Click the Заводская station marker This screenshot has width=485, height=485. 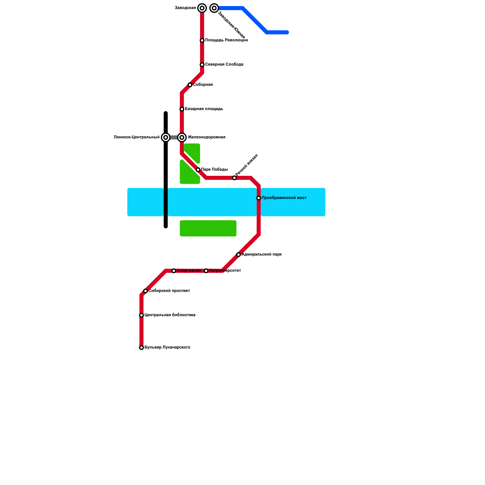(x=202, y=8)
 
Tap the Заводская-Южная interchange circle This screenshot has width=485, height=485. (x=214, y=8)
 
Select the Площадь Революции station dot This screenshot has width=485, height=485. (x=202, y=41)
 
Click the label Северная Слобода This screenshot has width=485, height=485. (x=224, y=65)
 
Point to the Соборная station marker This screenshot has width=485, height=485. (x=190, y=85)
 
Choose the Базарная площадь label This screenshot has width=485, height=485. (x=204, y=109)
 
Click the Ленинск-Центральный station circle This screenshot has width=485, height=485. (x=166, y=138)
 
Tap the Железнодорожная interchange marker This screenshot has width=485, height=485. (x=182, y=138)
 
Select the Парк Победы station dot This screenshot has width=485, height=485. (x=198, y=170)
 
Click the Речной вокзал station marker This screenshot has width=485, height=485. (x=234, y=178)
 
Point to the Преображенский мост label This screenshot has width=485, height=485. (x=284, y=198)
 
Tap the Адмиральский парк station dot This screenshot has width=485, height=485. (x=239, y=255)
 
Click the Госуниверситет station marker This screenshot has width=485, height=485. (x=206, y=271)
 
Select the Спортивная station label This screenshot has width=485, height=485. (x=189, y=271)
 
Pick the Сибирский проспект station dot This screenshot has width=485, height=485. (x=145, y=291)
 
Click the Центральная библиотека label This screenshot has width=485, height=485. (x=170, y=315)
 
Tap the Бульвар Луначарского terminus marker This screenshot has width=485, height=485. (x=142, y=348)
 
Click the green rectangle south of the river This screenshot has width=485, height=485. (x=208, y=228)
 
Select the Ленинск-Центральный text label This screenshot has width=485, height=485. (x=136, y=137)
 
